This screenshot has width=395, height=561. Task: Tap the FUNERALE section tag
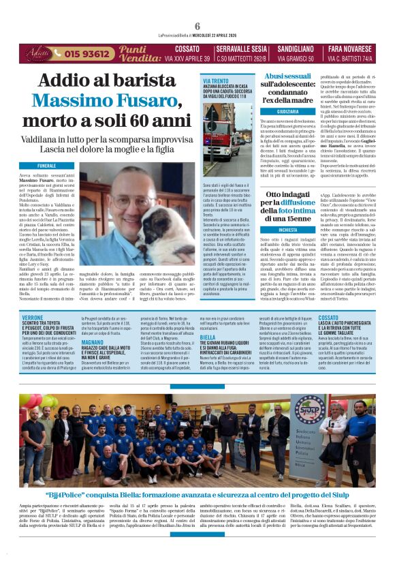point(47,166)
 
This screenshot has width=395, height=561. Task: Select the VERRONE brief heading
point(32,318)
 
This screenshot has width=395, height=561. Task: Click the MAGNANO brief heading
point(93,343)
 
